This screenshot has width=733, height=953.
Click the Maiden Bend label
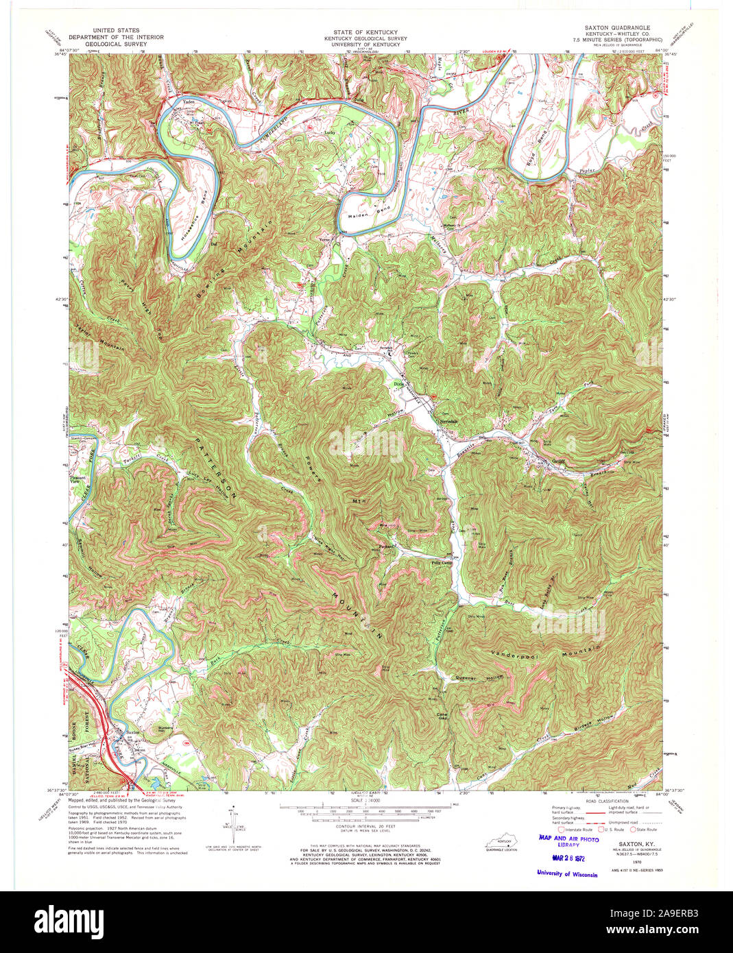tap(374, 208)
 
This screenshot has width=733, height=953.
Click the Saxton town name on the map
tap(132, 732)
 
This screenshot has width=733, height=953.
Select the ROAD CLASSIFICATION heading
tap(588, 801)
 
